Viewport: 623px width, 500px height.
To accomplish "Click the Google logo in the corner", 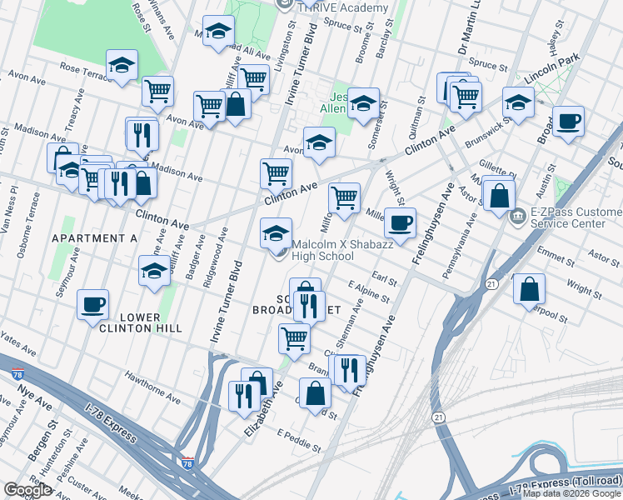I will click(27, 490).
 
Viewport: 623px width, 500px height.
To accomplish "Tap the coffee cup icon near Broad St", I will click(569, 121).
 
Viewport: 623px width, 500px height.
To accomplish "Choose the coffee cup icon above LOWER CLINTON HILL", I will click(93, 304).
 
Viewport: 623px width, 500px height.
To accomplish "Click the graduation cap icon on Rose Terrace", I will click(122, 65).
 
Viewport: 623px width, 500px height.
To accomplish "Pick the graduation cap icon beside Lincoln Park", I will click(518, 103).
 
